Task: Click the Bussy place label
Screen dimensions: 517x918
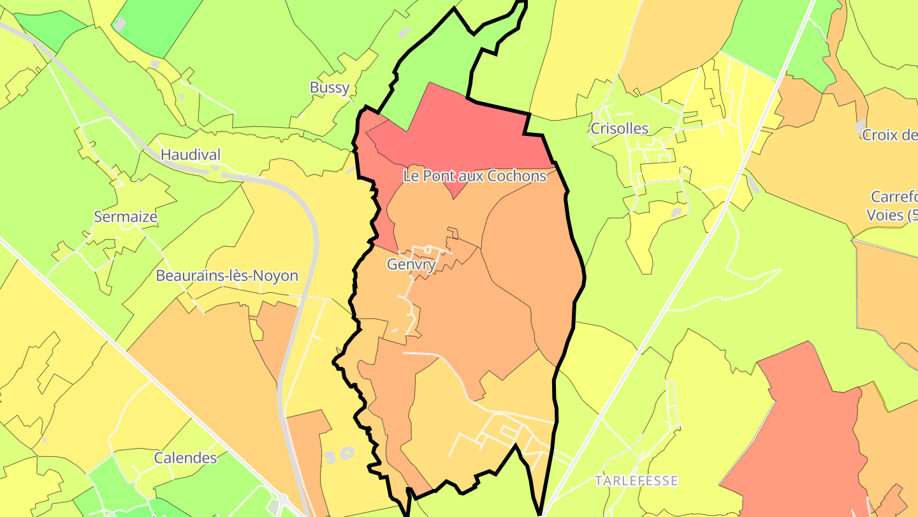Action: pyautogui.click(x=330, y=87)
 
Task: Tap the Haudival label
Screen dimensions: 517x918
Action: pyautogui.click(x=190, y=154)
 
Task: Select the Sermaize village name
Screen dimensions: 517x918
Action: pyautogui.click(x=126, y=216)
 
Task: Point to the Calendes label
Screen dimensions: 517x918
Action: pyautogui.click(x=186, y=458)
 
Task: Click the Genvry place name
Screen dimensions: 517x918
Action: pyautogui.click(x=411, y=264)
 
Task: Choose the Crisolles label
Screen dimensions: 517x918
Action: pyautogui.click(x=619, y=128)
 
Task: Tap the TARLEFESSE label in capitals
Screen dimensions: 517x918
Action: pyautogui.click(x=636, y=480)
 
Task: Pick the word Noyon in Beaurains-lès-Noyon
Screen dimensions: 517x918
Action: pyautogui.click(x=275, y=276)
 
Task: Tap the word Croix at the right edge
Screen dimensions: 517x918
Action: pyautogui.click(x=879, y=135)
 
